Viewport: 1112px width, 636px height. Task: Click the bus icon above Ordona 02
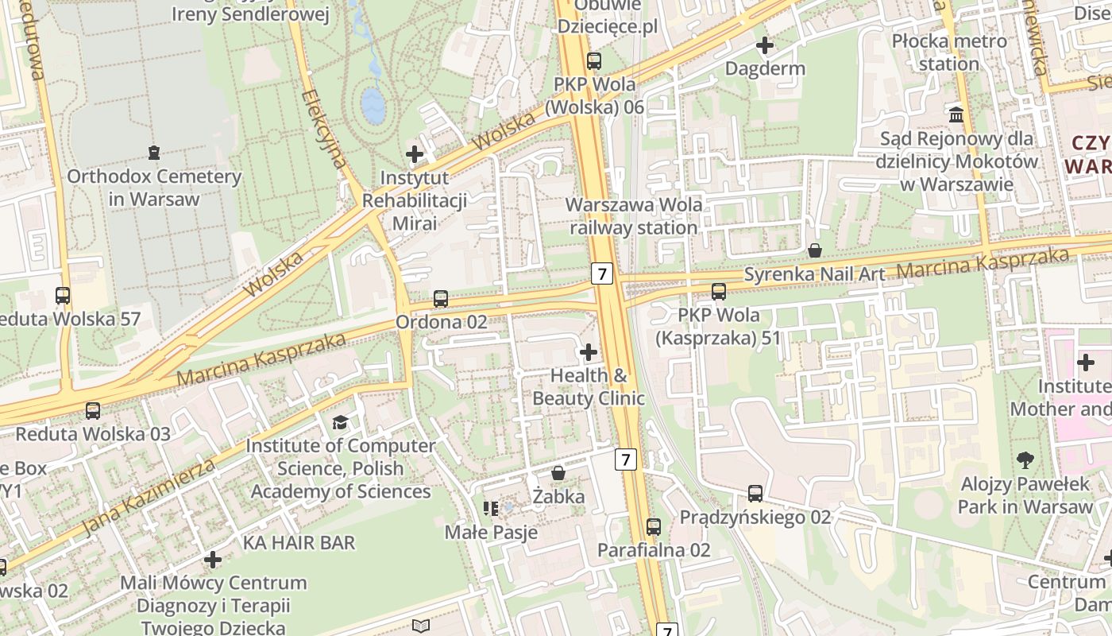tap(441, 299)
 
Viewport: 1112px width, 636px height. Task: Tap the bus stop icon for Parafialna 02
tap(653, 526)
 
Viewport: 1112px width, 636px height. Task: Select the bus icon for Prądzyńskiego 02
tap(755, 494)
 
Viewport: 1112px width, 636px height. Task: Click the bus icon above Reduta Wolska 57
tap(63, 296)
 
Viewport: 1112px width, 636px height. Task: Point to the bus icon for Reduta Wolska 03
tap(93, 411)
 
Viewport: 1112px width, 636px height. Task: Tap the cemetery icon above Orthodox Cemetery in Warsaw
tap(153, 152)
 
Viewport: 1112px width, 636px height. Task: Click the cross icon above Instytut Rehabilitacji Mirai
tap(414, 153)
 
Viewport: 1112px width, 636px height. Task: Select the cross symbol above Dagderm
tap(765, 45)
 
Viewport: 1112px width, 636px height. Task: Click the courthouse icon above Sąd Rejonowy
tap(956, 114)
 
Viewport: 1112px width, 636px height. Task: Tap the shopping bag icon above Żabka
tap(558, 473)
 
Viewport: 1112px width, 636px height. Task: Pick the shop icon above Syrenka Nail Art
tap(815, 251)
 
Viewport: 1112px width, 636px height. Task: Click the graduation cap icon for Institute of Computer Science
tap(340, 422)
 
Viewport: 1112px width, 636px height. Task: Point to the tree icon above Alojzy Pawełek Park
tap(1025, 460)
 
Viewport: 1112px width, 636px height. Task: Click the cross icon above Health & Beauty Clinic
tap(589, 351)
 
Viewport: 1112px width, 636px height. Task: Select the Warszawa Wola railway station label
tap(633, 216)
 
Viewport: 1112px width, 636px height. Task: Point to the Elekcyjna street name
tap(325, 128)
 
